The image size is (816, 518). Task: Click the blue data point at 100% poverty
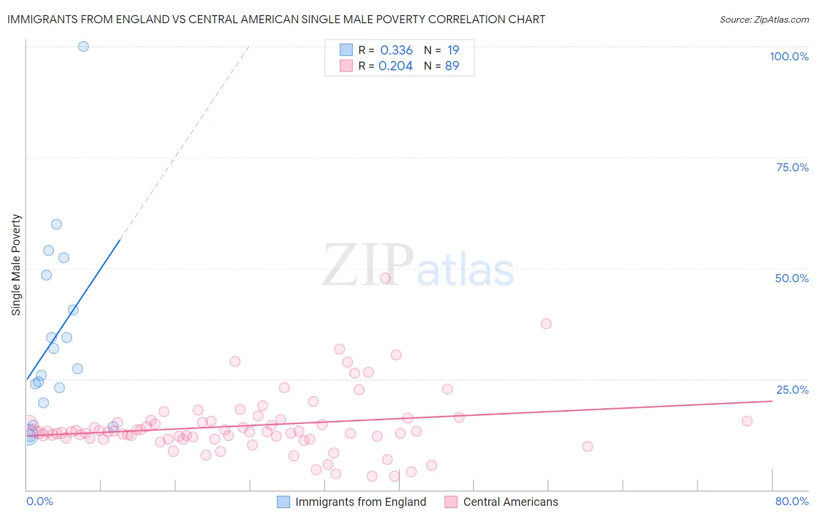coord(84,46)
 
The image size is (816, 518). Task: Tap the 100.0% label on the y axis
coord(789,56)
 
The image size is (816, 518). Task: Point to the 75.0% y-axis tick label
coord(792,167)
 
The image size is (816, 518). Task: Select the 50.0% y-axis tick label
coord(792,278)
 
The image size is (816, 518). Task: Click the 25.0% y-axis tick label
coord(792,390)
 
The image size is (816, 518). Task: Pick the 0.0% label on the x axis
coord(39,501)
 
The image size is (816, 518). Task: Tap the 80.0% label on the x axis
coord(792,501)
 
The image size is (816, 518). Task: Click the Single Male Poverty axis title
coord(16,265)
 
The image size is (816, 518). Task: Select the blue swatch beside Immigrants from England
coord(283,502)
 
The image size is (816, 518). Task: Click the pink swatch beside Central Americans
coord(451,502)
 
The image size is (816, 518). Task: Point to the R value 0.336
coord(396,51)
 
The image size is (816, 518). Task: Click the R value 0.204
coord(395,66)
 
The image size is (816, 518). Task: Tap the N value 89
coord(452,66)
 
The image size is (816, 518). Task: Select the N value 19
coord(453,51)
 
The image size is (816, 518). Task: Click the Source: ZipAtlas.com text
coord(764,20)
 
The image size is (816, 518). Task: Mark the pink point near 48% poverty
coord(385,278)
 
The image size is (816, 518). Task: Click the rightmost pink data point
coord(747,421)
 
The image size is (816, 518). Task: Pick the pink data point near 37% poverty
coord(546,323)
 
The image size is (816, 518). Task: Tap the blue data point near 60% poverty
coord(56,224)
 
